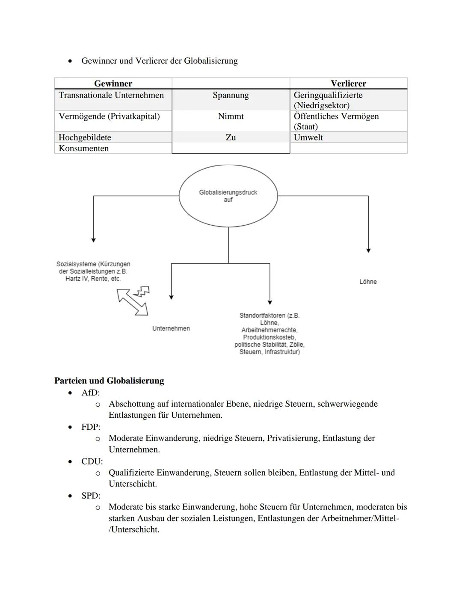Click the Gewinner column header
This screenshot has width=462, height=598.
click(x=113, y=83)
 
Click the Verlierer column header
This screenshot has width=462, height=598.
click(x=348, y=83)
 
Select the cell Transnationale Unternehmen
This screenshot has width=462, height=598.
click(x=111, y=95)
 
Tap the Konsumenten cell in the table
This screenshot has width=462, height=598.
click(x=84, y=148)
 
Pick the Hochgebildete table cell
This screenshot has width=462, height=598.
click(x=85, y=137)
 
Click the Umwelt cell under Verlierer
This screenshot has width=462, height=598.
click(x=308, y=137)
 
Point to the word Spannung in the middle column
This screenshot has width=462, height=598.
click(x=231, y=95)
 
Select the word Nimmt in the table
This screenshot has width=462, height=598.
click(x=231, y=116)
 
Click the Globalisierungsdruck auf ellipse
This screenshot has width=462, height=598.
click(x=228, y=196)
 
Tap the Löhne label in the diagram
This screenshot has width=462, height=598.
click(x=368, y=282)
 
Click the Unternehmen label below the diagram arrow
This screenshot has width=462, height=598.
click(x=171, y=328)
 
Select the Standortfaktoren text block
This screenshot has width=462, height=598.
click(x=269, y=333)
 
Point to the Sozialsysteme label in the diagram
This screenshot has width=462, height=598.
click(x=93, y=271)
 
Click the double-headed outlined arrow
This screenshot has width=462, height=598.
click(x=133, y=302)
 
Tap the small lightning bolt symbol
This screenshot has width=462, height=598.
click(x=142, y=292)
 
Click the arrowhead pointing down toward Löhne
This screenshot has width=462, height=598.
click(x=368, y=250)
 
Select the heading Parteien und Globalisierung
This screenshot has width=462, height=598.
click(x=109, y=381)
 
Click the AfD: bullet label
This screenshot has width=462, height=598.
click(x=90, y=393)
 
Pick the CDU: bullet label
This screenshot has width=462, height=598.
click(x=92, y=461)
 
